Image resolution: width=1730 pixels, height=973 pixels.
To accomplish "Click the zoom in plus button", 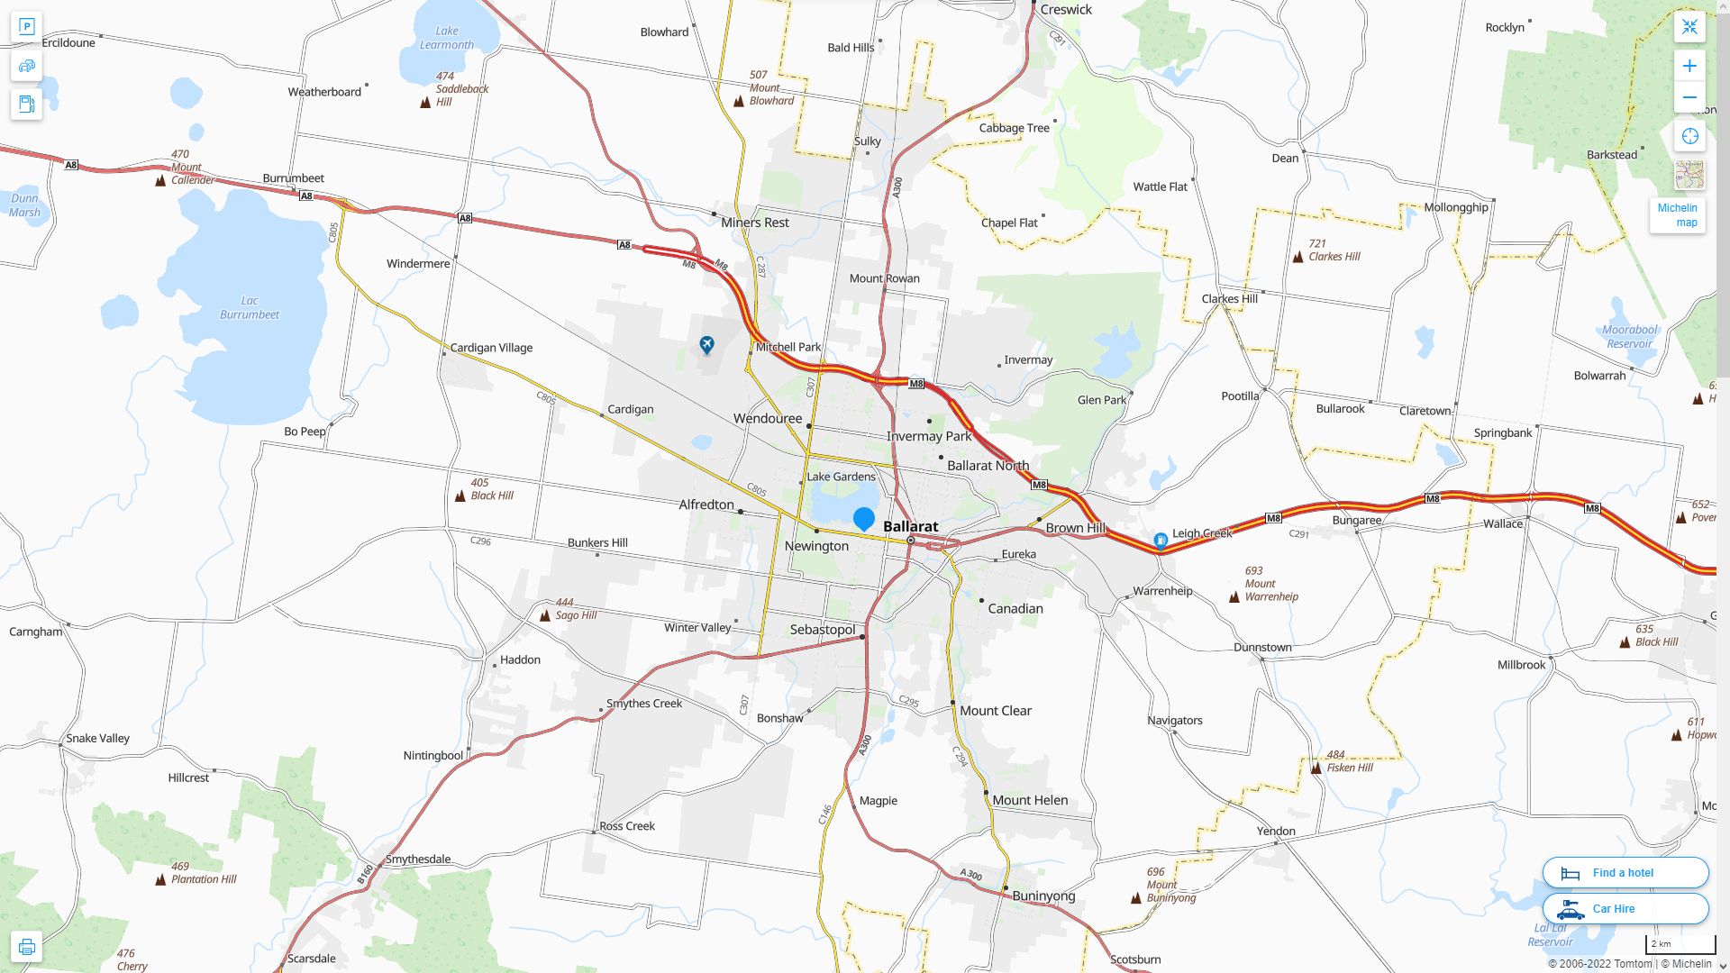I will (x=1689, y=66).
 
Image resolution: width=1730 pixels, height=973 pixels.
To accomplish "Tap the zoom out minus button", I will (x=1689, y=97).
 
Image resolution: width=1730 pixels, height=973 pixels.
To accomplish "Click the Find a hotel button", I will (x=1625, y=872).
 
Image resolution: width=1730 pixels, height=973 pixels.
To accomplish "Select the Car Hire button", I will (x=1625, y=908).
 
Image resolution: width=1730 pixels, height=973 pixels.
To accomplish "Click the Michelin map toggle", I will (x=1677, y=214).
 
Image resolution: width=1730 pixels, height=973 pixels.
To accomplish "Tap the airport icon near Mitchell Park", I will (x=707, y=345).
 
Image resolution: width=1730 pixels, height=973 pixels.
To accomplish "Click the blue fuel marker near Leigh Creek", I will (x=1161, y=541).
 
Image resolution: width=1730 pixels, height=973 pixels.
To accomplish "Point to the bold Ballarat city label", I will (x=910, y=526).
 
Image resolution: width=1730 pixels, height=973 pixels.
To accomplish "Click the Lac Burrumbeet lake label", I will (x=250, y=308).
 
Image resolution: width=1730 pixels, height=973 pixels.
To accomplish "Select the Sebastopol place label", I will (x=822, y=630).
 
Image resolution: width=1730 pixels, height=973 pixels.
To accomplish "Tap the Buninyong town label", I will (x=1043, y=896).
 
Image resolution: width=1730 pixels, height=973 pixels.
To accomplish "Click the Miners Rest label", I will (x=754, y=223).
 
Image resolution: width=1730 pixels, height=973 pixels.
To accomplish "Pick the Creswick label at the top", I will (x=1065, y=10).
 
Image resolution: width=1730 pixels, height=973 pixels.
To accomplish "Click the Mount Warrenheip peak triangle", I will (x=1234, y=597).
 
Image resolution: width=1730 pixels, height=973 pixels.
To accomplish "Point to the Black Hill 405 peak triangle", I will (x=460, y=496).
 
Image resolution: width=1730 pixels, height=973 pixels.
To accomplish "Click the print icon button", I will (x=26, y=947).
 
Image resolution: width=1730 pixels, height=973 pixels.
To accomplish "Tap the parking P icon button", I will (x=26, y=27).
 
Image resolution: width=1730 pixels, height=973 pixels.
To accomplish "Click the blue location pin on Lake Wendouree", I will (x=863, y=519).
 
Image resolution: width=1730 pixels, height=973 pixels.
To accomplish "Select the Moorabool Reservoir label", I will (x=1629, y=336).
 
